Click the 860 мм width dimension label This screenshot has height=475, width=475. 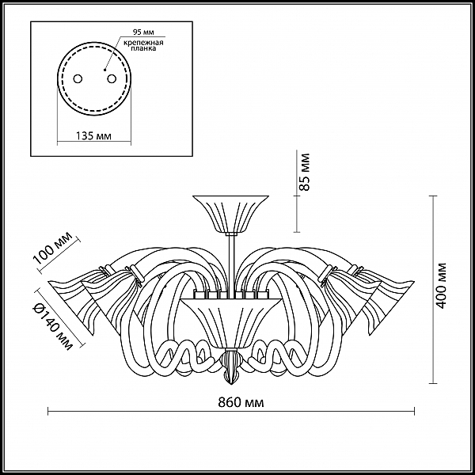(241, 403)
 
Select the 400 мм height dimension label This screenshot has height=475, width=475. (442, 285)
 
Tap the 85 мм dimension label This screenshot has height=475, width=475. (305, 172)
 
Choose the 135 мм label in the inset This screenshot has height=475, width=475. (93, 136)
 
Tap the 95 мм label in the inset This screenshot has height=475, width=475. (143, 32)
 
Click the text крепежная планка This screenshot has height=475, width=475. (143, 45)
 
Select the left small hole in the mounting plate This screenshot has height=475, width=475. (78, 78)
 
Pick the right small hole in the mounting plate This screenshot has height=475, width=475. (112, 78)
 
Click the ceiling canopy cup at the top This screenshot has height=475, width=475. (231, 215)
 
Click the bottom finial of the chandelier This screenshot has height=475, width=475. (231, 367)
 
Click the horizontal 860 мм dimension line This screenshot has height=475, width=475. (231, 412)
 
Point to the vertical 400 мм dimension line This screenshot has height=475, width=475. (433, 290)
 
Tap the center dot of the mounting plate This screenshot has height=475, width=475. (104, 70)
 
